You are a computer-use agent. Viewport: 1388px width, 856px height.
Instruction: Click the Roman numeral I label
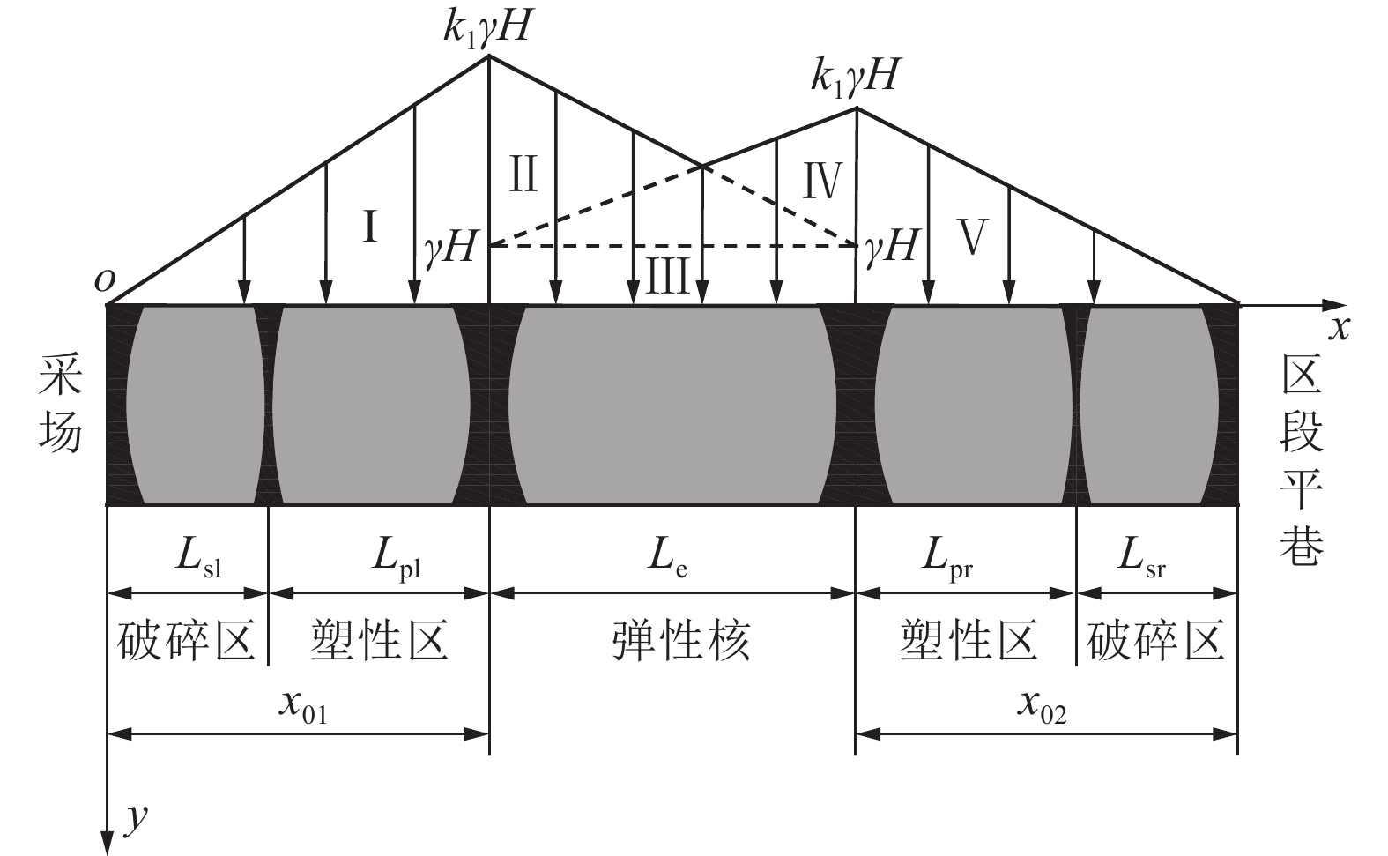pos(370,226)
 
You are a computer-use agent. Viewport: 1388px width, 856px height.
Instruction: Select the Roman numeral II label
pos(523,174)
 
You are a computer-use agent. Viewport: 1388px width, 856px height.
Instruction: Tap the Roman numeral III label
pos(667,277)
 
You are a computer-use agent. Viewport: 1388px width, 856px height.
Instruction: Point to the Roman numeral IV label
pos(822,181)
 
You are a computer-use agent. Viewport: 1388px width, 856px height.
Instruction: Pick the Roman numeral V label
pos(972,237)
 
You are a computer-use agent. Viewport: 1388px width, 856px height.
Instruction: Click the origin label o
pos(105,281)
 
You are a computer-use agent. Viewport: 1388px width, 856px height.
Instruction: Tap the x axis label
pos(1339,329)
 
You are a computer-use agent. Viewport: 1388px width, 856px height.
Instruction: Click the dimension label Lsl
pos(198,557)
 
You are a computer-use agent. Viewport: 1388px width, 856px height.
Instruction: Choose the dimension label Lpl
pos(397,559)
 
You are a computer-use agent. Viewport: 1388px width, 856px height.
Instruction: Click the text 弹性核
pos(681,640)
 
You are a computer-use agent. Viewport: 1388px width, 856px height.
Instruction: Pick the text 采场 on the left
pos(60,404)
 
